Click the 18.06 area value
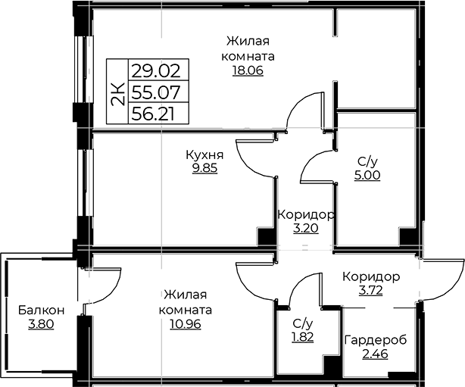tap(248, 70)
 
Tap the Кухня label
tap(204, 154)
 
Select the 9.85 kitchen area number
tap(204, 168)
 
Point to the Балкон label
tap(41, 311)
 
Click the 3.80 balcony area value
tap(41, 324)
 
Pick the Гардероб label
tap(376, 340)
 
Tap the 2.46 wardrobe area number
tap(375, 354)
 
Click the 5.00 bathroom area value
tap(367, 175)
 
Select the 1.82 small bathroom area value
tap(303, 337)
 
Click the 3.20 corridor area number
tap(306, 229)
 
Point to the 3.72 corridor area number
tap(370, 290)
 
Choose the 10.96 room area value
tap(186, 324)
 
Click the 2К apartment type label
tap(117, 94)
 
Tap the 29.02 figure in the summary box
tap(156, 71)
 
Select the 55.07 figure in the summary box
tap(156, 92)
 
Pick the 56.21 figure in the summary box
tap(153, 114)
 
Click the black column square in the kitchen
tap(266, 236)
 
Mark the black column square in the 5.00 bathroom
tap(408, 236)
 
